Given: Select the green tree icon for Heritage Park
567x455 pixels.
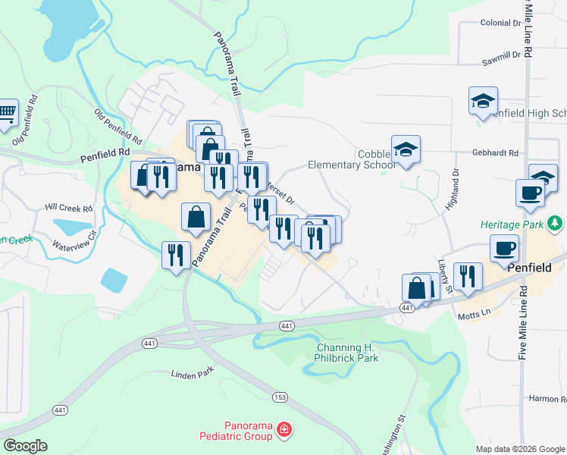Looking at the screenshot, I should point(556,224).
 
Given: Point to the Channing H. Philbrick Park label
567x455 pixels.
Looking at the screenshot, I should point(346,353).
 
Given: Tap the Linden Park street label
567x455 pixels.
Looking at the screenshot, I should point(193,374).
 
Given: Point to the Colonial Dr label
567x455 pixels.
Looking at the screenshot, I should point(501,23).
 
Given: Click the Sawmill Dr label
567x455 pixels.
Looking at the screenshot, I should point(501,55).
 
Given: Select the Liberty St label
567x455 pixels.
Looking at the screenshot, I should point(444,275).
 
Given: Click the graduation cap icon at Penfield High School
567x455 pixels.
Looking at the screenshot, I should point(483,102).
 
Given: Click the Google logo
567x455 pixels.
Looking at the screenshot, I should point(25,446).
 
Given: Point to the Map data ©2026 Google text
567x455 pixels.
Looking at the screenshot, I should point(520,449).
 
